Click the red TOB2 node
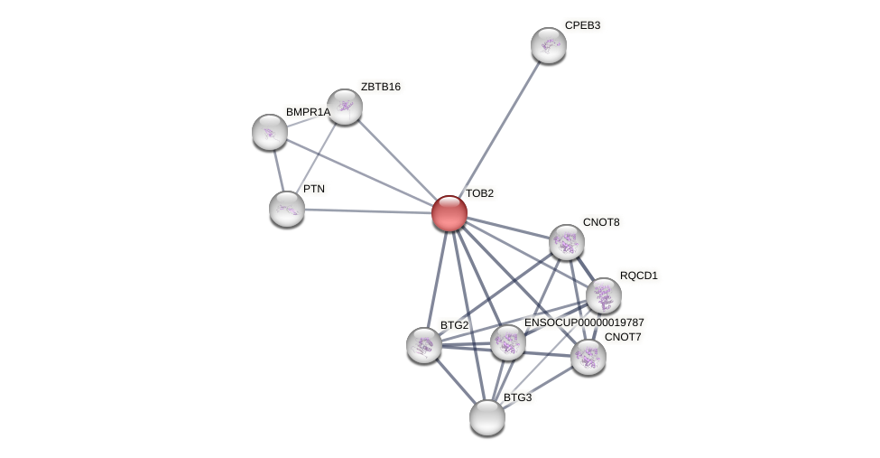click(x=449, y=213)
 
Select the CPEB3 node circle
click(x=548, y=45)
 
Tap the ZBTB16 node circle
click(x=344, y=107)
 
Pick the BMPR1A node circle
click(x=270, y=132)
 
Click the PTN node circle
click(x=287, y=209)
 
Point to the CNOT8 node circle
click(x=567, y=242)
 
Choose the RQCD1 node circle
click(x=604, y=295)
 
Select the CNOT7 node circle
click(x=588, y=356)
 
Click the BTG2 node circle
click(x=424, y=345)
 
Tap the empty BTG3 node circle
click(x=487, y=416)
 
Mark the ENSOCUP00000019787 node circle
click(x=508, y=343)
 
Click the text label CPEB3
click(x=582, y=25)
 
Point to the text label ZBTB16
click(x=380, y=87)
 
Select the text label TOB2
click(x=479, y=193)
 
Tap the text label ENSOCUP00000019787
click(x=584, y=322)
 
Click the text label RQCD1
click(x=638, y=276)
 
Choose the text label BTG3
click(x=517, y=397)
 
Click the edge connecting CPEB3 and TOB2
click(x=499, y=129)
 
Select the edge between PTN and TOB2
click(x=368, y=211)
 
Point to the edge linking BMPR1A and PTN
click(x=278, y=170)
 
